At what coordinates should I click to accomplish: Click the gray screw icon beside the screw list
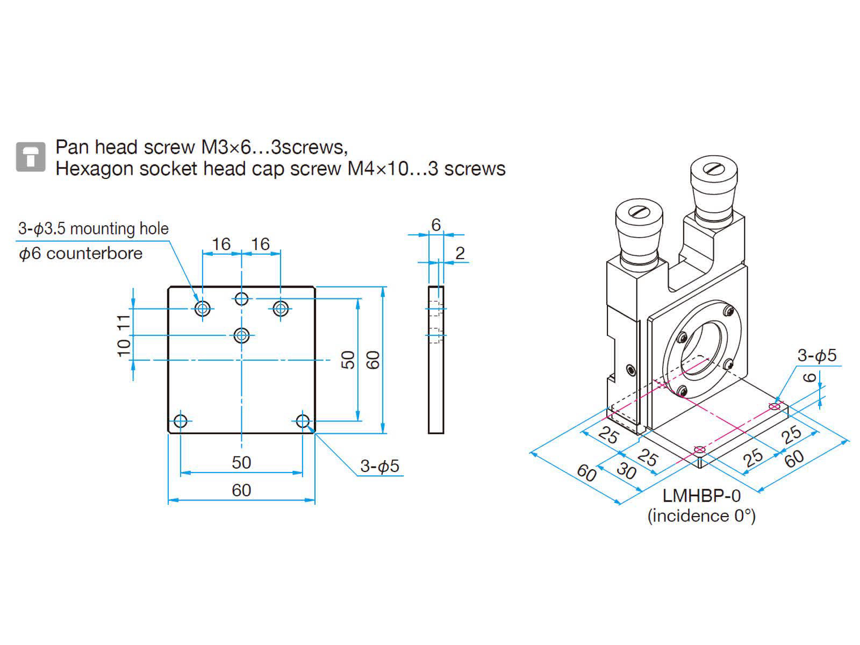click(31, 157)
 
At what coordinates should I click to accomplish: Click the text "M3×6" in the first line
click(227, 147)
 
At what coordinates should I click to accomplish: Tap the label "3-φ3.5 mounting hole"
click(94, 229)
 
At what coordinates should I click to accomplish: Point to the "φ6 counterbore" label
click(81, 253)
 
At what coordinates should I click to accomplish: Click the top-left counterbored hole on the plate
click(203, 309)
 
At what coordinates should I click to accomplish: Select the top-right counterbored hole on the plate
click(281, 309)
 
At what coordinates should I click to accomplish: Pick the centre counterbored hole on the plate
click(242, 335)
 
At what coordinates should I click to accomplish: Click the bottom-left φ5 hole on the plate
click(181, 420)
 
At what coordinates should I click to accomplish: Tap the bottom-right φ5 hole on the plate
click(303, 420)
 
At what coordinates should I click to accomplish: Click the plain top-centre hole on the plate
click(242, 298)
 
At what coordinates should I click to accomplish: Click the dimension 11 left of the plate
click(124, 322)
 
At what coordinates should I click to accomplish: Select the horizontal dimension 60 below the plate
click(241, 490)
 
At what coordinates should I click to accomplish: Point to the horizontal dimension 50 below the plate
click(241, 462)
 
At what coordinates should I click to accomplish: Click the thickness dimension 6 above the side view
click(436, 225)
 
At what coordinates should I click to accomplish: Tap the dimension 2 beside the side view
click(460, 253)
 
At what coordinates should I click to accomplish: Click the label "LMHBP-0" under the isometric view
click(701, 496)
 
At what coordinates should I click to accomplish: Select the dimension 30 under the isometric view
click(626, 471)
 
